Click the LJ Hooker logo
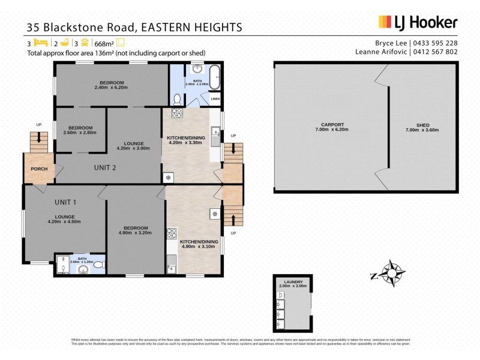[418, 23]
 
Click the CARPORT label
[332, 124]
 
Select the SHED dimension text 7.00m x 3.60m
[422, 130]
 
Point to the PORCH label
[39, 169]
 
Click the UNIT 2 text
[105, 167]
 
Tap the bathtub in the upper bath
[214, 74]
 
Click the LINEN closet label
[215, 98]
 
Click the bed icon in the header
[40, 43]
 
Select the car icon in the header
[85, 43]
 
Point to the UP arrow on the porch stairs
[39, 137]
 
